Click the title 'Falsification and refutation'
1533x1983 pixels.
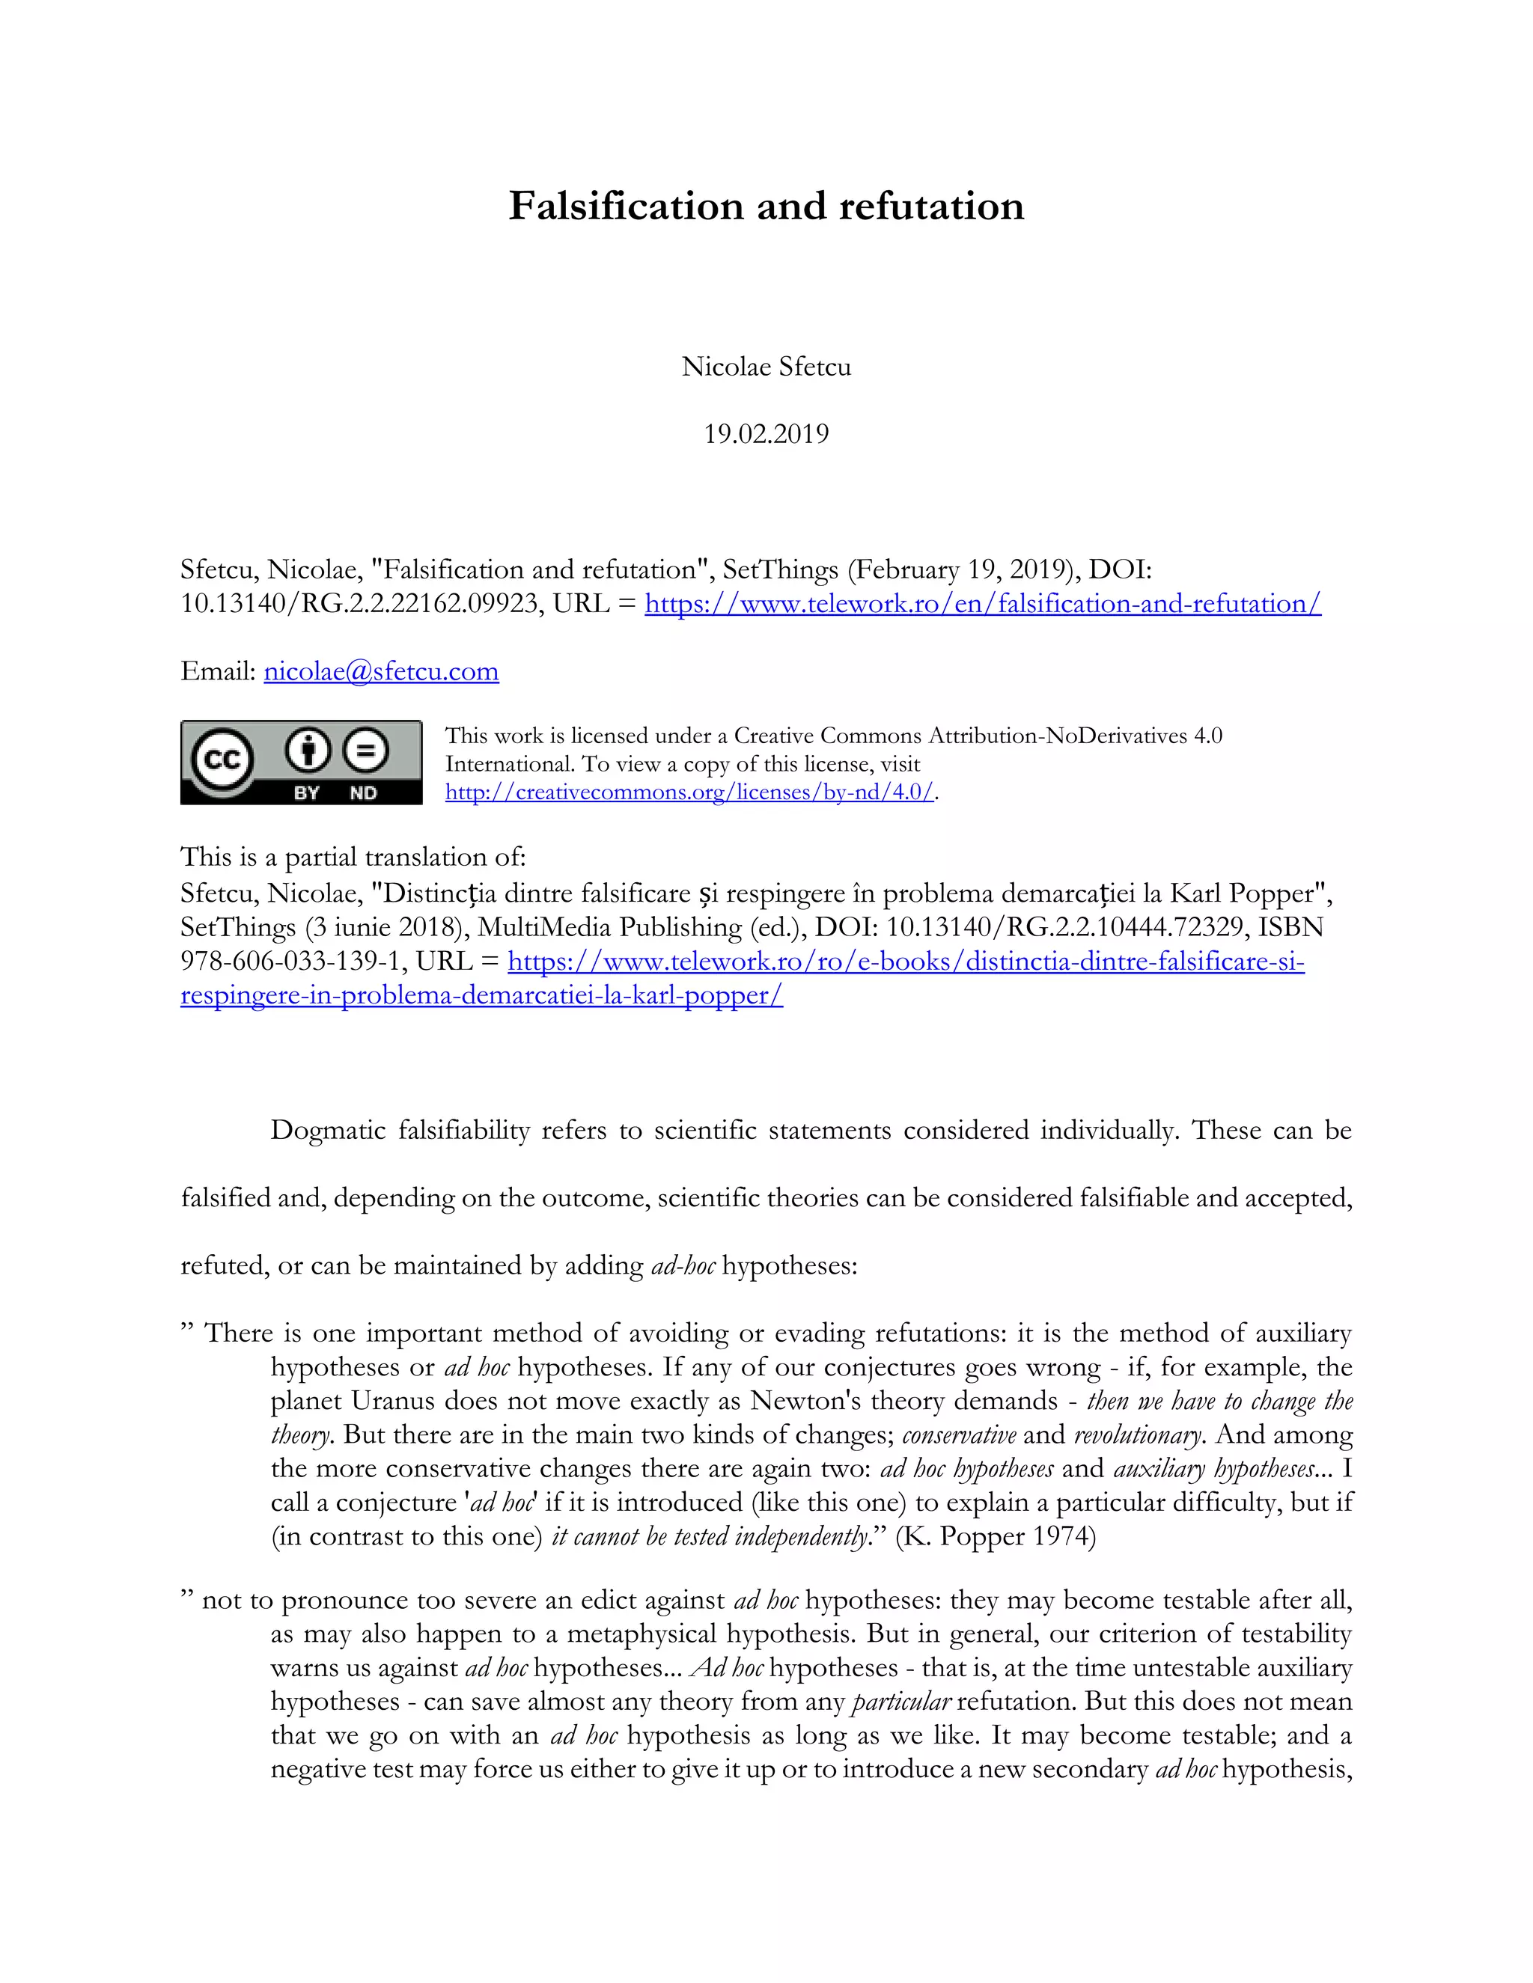[x=766, y=206]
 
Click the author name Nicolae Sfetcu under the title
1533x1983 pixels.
[x=766, y=367]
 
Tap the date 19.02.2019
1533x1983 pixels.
[x=766, y=434]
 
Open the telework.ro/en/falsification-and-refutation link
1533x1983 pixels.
[x=983, y=604]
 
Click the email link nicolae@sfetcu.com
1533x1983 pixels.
[x=382, y=672]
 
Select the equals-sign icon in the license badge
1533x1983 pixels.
[x=365, y=751]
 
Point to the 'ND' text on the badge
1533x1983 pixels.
[x=363, y=793]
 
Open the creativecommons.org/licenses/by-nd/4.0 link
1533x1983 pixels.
[x=689, y=792]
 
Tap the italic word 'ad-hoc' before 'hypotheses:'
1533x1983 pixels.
[x=683, y=1265]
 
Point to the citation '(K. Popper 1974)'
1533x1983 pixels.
[x=996, y=1536]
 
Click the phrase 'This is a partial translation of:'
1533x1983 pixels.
[x=353, y=857]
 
